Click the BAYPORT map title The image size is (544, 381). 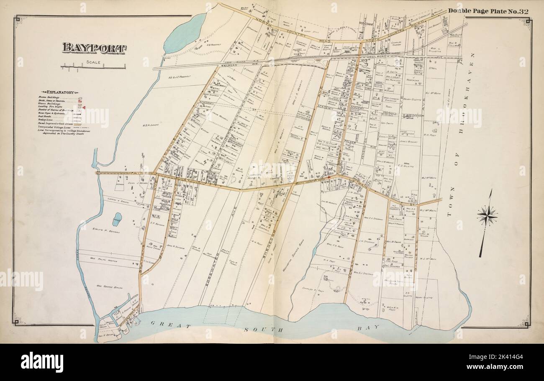[94, 48]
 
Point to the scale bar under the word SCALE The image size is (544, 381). [93, 67]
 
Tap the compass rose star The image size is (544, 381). [487, 216]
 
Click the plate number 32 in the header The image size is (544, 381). [524, 11]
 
